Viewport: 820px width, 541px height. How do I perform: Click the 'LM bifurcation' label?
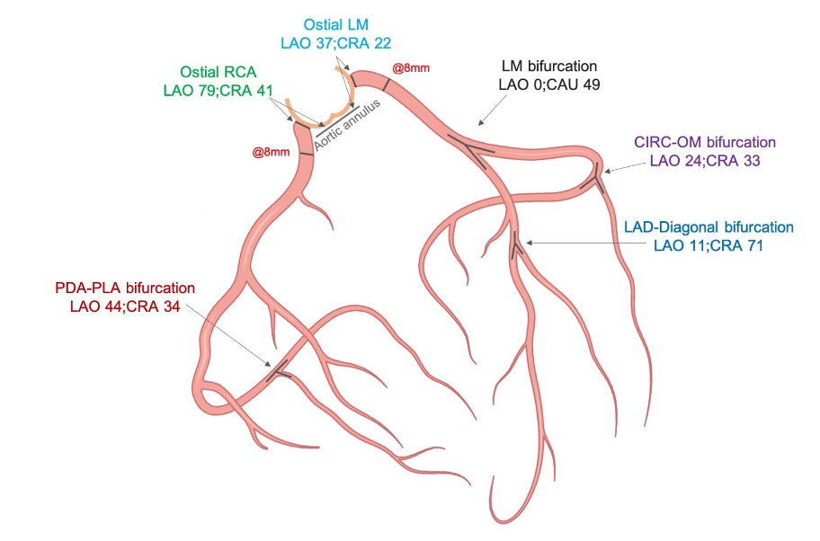click(547, 67)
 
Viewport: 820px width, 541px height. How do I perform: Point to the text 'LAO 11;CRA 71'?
click(709, 244)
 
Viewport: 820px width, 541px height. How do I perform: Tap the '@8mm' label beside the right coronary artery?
click(271, 153)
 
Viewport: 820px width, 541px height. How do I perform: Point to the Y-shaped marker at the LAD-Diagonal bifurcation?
click(516, 244)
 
